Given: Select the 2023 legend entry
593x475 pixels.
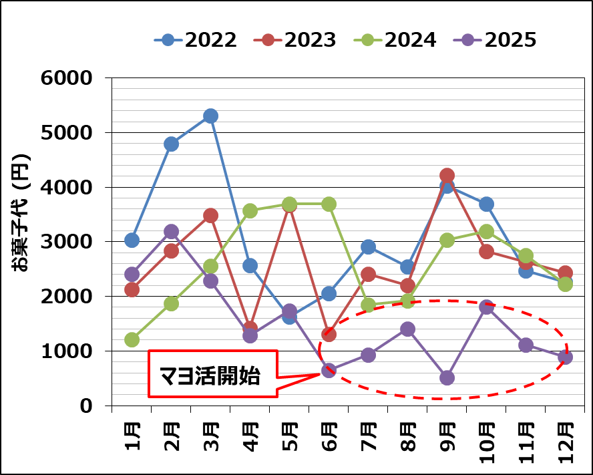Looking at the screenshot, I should [x=295, y=40].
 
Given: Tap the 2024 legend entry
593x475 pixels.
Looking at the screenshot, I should [x=395, y=40].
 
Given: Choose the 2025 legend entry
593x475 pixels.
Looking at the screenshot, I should [x=495, y=40].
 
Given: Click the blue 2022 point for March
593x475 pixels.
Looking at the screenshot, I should [x=210, y=116].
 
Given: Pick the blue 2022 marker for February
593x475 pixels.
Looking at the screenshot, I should [x=171, y=144].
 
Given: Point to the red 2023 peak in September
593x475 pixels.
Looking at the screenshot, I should [x=447, y=176].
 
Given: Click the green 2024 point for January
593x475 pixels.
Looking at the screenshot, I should [x=132, y=339].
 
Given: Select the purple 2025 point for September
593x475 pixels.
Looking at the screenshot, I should [x=447, y=377].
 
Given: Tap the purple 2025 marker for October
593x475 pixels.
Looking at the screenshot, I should [x=486, y=307].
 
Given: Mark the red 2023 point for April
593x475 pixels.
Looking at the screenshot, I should [x=250, y=328].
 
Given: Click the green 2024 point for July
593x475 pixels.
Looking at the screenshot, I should [x=368, y=305].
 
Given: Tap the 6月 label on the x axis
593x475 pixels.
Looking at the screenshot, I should [x=329, y=438].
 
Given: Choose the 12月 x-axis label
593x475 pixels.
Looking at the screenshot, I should [x=565, y=442].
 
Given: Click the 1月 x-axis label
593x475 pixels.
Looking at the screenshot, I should [x=132, y=438].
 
